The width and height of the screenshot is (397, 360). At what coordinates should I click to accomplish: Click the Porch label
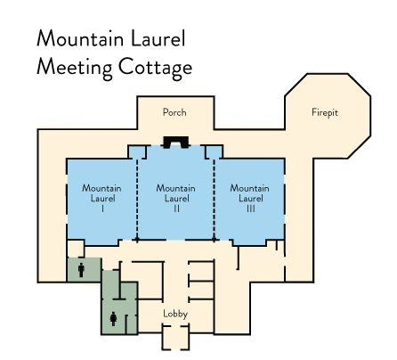coord(174,112)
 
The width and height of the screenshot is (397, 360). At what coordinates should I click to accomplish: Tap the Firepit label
coord(325,112)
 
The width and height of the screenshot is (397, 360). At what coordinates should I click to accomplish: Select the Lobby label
coord(175,314)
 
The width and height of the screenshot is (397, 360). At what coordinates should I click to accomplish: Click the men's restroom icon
coord(81,270)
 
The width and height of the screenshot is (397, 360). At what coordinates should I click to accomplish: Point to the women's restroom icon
coord(113,319)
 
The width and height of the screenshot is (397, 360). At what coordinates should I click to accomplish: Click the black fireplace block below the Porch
coord(175,142)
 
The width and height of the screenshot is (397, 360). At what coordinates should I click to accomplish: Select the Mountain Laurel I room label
coord(101,198)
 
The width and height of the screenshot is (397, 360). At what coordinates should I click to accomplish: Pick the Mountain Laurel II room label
coord(176,198)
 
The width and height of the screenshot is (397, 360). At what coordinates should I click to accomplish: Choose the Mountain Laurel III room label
coord(250,198)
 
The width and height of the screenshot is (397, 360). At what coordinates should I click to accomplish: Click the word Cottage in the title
coord(155,68)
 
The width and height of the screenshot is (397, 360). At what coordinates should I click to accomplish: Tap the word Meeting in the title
coord(75,68)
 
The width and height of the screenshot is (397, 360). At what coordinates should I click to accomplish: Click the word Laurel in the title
coord(158,38)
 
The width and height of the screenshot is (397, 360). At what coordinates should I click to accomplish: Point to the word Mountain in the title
coord(80,38)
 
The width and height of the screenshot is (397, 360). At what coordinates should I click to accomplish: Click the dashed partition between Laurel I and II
coord(137,200)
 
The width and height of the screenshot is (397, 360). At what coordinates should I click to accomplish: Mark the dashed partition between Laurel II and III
coord(214,200)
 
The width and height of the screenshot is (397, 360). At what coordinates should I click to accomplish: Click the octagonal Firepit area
coord(328,116)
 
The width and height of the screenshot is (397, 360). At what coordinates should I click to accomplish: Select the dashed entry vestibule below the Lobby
coord(175,338)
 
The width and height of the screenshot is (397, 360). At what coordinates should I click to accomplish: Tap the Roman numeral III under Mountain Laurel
coord(251,209)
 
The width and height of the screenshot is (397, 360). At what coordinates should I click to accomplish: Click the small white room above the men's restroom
coord(76,249)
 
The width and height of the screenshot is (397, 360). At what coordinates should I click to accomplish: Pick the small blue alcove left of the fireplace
coord(137,151)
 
